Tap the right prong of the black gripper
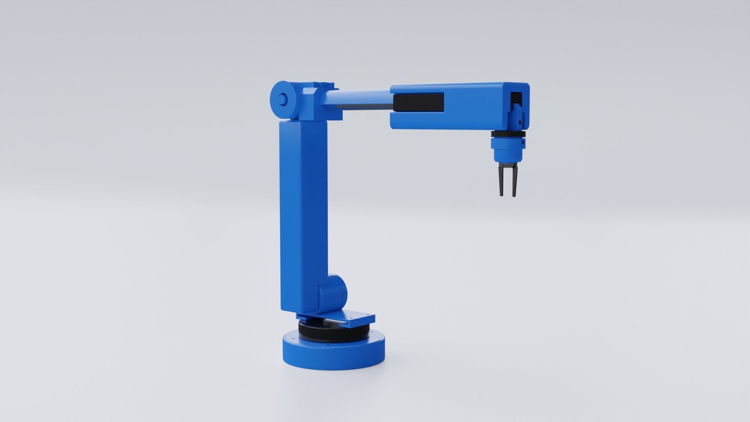pos(513,182)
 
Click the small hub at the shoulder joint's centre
pos(281,99)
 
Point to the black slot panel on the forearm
pos(418,102)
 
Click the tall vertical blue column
pos(303,215)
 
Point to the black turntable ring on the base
pos(332,332)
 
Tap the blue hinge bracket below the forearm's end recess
pos(516,117)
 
